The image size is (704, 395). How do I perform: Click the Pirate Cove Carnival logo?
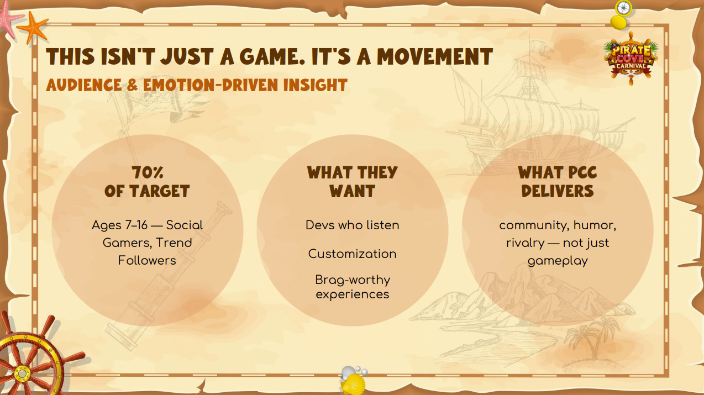coord(631,59)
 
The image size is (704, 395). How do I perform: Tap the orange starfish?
coord(33,28)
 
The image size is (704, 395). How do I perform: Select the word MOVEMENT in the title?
coord(435,57)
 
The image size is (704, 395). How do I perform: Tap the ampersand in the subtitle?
coord(132,85)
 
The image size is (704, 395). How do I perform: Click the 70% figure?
coord(148,172)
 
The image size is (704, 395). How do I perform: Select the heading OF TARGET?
coord(147,191)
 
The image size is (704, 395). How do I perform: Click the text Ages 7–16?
coord(119,225)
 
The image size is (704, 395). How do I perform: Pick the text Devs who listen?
coord(353,225)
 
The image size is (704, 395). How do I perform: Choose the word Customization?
coord(353,254)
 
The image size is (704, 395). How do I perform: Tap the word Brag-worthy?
coord(353,280)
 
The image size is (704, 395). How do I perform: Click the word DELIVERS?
coord(558,191)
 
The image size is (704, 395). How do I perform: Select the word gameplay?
coord(558,261)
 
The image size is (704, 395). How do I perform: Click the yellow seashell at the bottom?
coord(353,384)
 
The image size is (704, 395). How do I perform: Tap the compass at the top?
coord(623,8)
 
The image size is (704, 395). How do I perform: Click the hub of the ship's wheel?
coord(22,373)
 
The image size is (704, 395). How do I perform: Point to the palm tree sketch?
coord(591,339)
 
